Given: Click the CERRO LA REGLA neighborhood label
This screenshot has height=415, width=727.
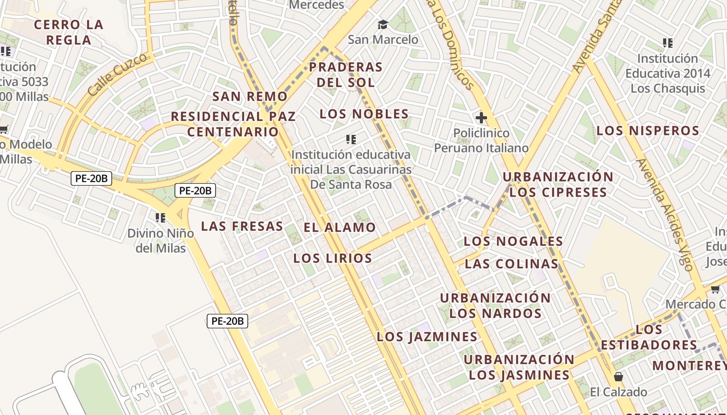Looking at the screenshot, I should (69, 32).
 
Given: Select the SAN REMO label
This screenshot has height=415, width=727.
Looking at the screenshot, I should (250, 96).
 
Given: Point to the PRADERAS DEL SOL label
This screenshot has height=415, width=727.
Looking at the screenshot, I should (346, 75).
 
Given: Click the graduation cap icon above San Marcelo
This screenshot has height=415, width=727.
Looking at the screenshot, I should (383, 24).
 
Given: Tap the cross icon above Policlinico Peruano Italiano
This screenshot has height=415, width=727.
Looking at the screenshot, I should (481, 118).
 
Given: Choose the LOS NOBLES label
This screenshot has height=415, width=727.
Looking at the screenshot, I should (364, 114).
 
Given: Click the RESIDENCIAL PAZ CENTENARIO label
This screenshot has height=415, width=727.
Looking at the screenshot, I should (233, 124).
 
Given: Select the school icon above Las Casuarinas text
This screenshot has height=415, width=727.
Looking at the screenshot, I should (351, 139).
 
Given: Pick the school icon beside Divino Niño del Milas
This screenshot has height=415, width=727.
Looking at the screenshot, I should (160, 217).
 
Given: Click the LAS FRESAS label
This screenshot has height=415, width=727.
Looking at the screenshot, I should (242, 226).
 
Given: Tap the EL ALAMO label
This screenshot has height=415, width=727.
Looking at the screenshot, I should (340, 227).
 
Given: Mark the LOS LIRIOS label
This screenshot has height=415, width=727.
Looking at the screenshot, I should (333, 258).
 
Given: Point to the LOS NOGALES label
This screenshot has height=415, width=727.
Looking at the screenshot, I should (513, 241).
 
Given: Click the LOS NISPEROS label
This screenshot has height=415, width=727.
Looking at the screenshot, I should (648, 131).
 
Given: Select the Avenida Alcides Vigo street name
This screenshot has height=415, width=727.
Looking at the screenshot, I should (664, 215).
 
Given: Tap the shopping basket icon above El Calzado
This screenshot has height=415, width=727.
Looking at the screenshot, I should (618, 376).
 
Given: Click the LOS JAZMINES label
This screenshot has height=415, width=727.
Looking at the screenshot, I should (427, 337).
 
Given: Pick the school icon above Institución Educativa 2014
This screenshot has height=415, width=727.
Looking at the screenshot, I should (668, 43).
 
